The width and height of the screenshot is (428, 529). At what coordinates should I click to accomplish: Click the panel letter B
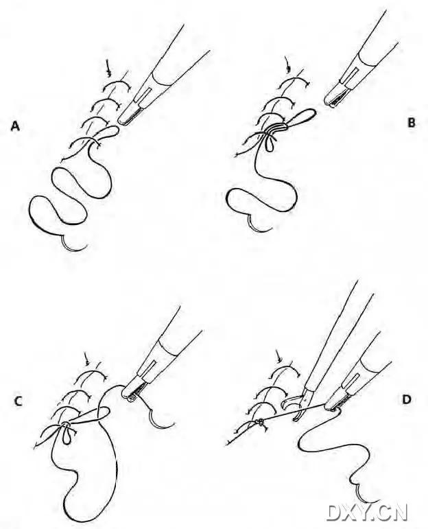(x=411, y=122)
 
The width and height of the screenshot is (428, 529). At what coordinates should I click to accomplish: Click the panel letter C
(x=19, y=401)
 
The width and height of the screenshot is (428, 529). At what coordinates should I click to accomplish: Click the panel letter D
(x=407, y=400)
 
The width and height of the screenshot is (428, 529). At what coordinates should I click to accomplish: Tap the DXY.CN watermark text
(x=367, y=513)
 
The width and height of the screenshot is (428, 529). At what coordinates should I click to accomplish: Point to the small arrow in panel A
(x=108, y=68)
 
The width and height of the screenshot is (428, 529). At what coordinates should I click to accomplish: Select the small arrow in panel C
(x=87, y=359)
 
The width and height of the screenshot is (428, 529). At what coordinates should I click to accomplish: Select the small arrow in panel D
(x=278, y=357)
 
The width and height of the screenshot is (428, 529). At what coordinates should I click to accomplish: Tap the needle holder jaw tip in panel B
(x=329, y=102)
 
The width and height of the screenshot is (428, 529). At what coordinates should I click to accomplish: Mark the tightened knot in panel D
(x=260, y=421)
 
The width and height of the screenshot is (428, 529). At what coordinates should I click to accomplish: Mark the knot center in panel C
(x=64, y=425)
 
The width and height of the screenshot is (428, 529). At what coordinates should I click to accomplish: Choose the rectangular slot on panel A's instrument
(x=143, y=95)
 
